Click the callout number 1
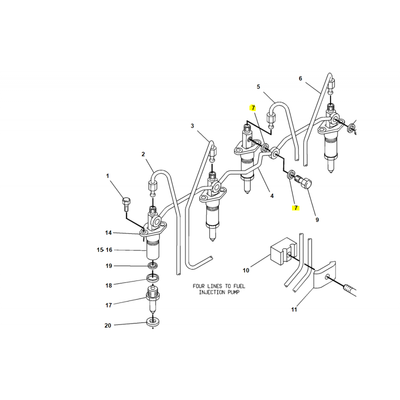[x=107, y=176]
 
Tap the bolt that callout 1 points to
[x=126, y=204]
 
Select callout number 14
[x=108, y=232]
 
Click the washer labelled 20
[x=153, y=322]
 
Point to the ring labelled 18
[x=153, y=278]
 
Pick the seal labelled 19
[x=152, y=265]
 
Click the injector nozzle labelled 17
[x=153, y=300]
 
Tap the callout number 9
[x=317, y=219]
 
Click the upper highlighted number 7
[x=253, y=108]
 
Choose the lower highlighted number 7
[x=295, y=208]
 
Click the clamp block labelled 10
[x=283, y=251]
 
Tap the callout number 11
[x=294, y=309]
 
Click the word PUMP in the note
[x=233, y=292]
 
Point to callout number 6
[x=300, y=78]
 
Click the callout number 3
[x=192, y=126]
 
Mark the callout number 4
[x=272, y=195]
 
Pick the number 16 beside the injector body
[x=109, y=249]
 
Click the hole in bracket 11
[x=327, y=276]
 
